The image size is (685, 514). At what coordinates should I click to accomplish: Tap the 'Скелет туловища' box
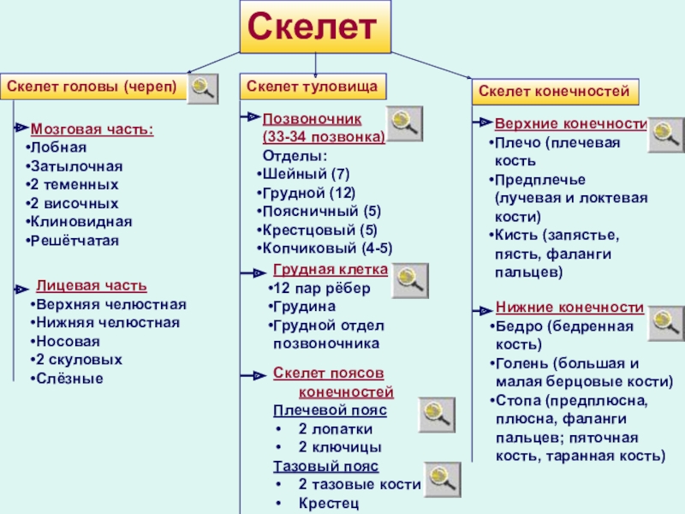313,87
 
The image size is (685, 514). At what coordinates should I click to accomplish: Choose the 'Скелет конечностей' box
554,91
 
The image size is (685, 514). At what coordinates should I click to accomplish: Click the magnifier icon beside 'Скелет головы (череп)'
203,88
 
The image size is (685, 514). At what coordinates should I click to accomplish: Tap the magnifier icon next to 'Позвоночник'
402,123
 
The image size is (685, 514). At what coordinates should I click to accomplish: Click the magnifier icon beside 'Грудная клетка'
409,280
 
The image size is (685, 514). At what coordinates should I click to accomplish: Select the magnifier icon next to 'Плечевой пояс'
437,415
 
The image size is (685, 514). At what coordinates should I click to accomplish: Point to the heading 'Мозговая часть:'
92,130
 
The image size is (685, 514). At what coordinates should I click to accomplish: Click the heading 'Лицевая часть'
91,285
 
